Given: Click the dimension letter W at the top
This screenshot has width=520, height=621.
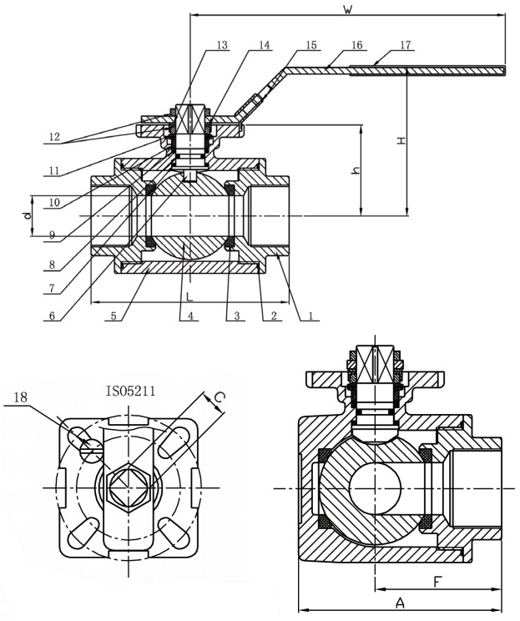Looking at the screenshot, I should (347, 9).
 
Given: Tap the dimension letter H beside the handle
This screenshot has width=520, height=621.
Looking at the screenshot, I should (401, 141).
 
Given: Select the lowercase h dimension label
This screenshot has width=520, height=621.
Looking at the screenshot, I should (356, 170).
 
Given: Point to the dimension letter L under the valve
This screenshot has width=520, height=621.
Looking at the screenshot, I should (189, 296).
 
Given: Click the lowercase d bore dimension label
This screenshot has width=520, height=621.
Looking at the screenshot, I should (27, 215).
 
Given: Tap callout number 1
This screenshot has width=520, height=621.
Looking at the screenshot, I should (310, 317).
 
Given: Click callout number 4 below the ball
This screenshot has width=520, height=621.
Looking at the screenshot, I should (190, 317).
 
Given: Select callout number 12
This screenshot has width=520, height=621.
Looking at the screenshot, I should (54, 135).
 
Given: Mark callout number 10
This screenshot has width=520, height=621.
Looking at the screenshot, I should (54, 202).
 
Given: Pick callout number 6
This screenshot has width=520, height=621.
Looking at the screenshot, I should (54, 316).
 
